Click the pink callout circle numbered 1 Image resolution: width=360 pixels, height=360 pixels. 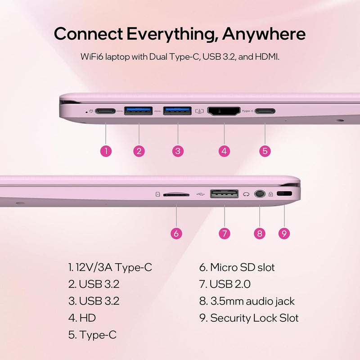click(x=106, y=151)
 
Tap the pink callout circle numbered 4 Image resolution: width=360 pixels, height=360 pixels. click(x=224, y=151)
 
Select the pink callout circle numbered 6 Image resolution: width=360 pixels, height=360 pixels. click(x=177, y=233)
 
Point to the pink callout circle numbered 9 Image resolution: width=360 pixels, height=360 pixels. click(x=283, y=233)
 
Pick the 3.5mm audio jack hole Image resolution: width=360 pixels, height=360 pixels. click(x=259, y=194)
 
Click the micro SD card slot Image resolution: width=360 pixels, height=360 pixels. click(x=176, y=195)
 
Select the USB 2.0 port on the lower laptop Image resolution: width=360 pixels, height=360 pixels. click(x=224, y=194)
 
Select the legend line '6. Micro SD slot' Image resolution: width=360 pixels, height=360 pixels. click(x=237, y=267)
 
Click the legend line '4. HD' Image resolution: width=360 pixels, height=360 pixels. click(x=82, y=318)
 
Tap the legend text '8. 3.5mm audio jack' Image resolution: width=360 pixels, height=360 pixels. click(x=247, y=301)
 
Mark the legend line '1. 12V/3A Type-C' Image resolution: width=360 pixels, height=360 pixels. click(x=110, y=267)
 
